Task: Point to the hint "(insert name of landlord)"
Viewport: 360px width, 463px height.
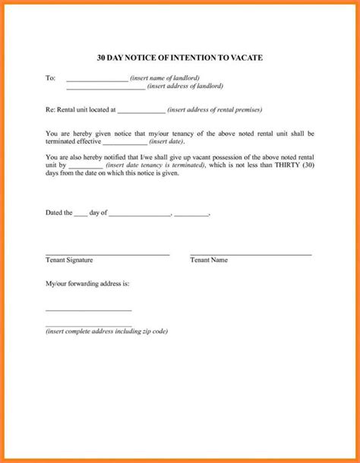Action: (165, 77)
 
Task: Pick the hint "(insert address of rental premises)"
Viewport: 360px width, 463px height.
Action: (215, 109)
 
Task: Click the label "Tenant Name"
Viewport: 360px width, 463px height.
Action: (209, 260)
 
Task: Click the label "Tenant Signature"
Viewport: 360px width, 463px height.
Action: (69, 260)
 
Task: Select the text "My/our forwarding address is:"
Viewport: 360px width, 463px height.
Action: (87, 283)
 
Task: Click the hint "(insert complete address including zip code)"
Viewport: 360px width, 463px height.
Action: (106, 332)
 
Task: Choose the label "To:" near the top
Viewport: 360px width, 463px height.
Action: (51, 77)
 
